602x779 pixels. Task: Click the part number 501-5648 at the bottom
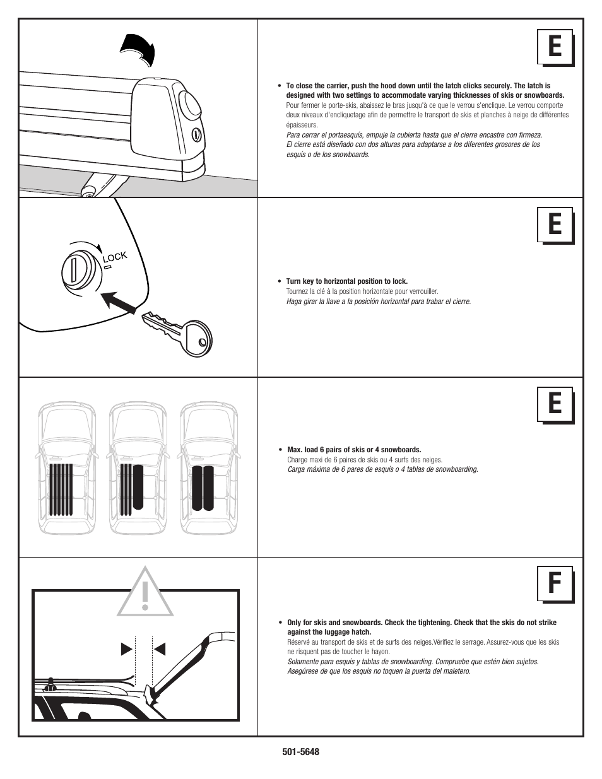(301, 752)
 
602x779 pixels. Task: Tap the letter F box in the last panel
(555, 584)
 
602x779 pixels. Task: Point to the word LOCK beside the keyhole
(115, 257)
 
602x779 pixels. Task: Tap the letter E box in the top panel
(555, 47)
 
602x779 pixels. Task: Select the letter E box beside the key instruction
(555, 225)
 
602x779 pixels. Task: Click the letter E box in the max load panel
(555, 404)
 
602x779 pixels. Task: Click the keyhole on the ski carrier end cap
(196, 134)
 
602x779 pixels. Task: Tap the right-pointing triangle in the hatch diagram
(126, 648)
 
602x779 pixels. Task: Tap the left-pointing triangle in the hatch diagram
(160, 648)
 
